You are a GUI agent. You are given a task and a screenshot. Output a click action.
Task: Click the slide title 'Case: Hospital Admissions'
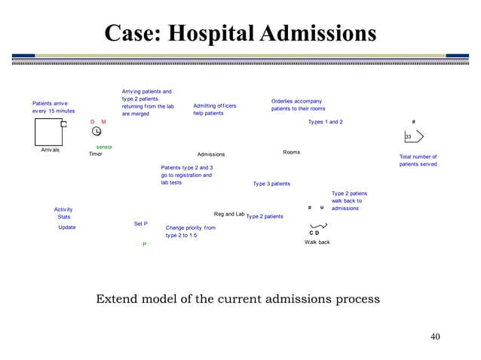pyautogui.click(x=240, y=33)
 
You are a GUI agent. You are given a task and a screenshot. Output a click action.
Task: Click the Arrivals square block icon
pyautogui.click(x=49, y=133)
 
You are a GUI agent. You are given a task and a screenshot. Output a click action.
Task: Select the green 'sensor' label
pyautogui.click(x=104, y=147)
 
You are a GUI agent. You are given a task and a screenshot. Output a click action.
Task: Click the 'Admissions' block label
pyautogui.click(x=211, y=154)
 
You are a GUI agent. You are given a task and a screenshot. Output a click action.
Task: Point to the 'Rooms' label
pyautogui.click(x=291, y=152)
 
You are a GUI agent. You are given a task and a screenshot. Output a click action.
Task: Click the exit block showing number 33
pyautogui.click(x=413, y=136)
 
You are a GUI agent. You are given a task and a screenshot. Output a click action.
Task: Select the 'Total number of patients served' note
pyautogui.click(x=418, y=160)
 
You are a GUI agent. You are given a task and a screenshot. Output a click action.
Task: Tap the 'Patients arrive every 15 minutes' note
pyautogui.click(x=54, y=107)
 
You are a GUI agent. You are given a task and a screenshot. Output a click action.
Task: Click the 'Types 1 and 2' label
pyautogui.click(x=325, y=122)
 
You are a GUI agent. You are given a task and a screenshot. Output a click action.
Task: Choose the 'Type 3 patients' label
pyautogui.click(x=271, y=184)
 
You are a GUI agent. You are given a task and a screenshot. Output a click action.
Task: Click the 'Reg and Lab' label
pyautogui.click(x=229, y=214)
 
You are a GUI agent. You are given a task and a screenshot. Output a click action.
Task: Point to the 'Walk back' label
pyautogui.click(x=317, y=242)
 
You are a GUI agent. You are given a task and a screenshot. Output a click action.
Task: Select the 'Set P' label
pyautogui.click(x=141, y=224)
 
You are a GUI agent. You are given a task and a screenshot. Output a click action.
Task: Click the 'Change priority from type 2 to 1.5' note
pyautogui.click(x=190, y=231)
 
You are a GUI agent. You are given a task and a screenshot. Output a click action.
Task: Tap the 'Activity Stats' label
pyautogui.click(x=64, y=213)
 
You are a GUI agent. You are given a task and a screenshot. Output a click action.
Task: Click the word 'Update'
pyautogui.click(x=67, y=227)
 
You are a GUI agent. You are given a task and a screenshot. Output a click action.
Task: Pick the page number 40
pyautogui.click(x=434, y=336)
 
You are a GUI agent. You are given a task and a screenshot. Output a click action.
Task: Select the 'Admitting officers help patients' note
pyautogui.click(x=214, y=109)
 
